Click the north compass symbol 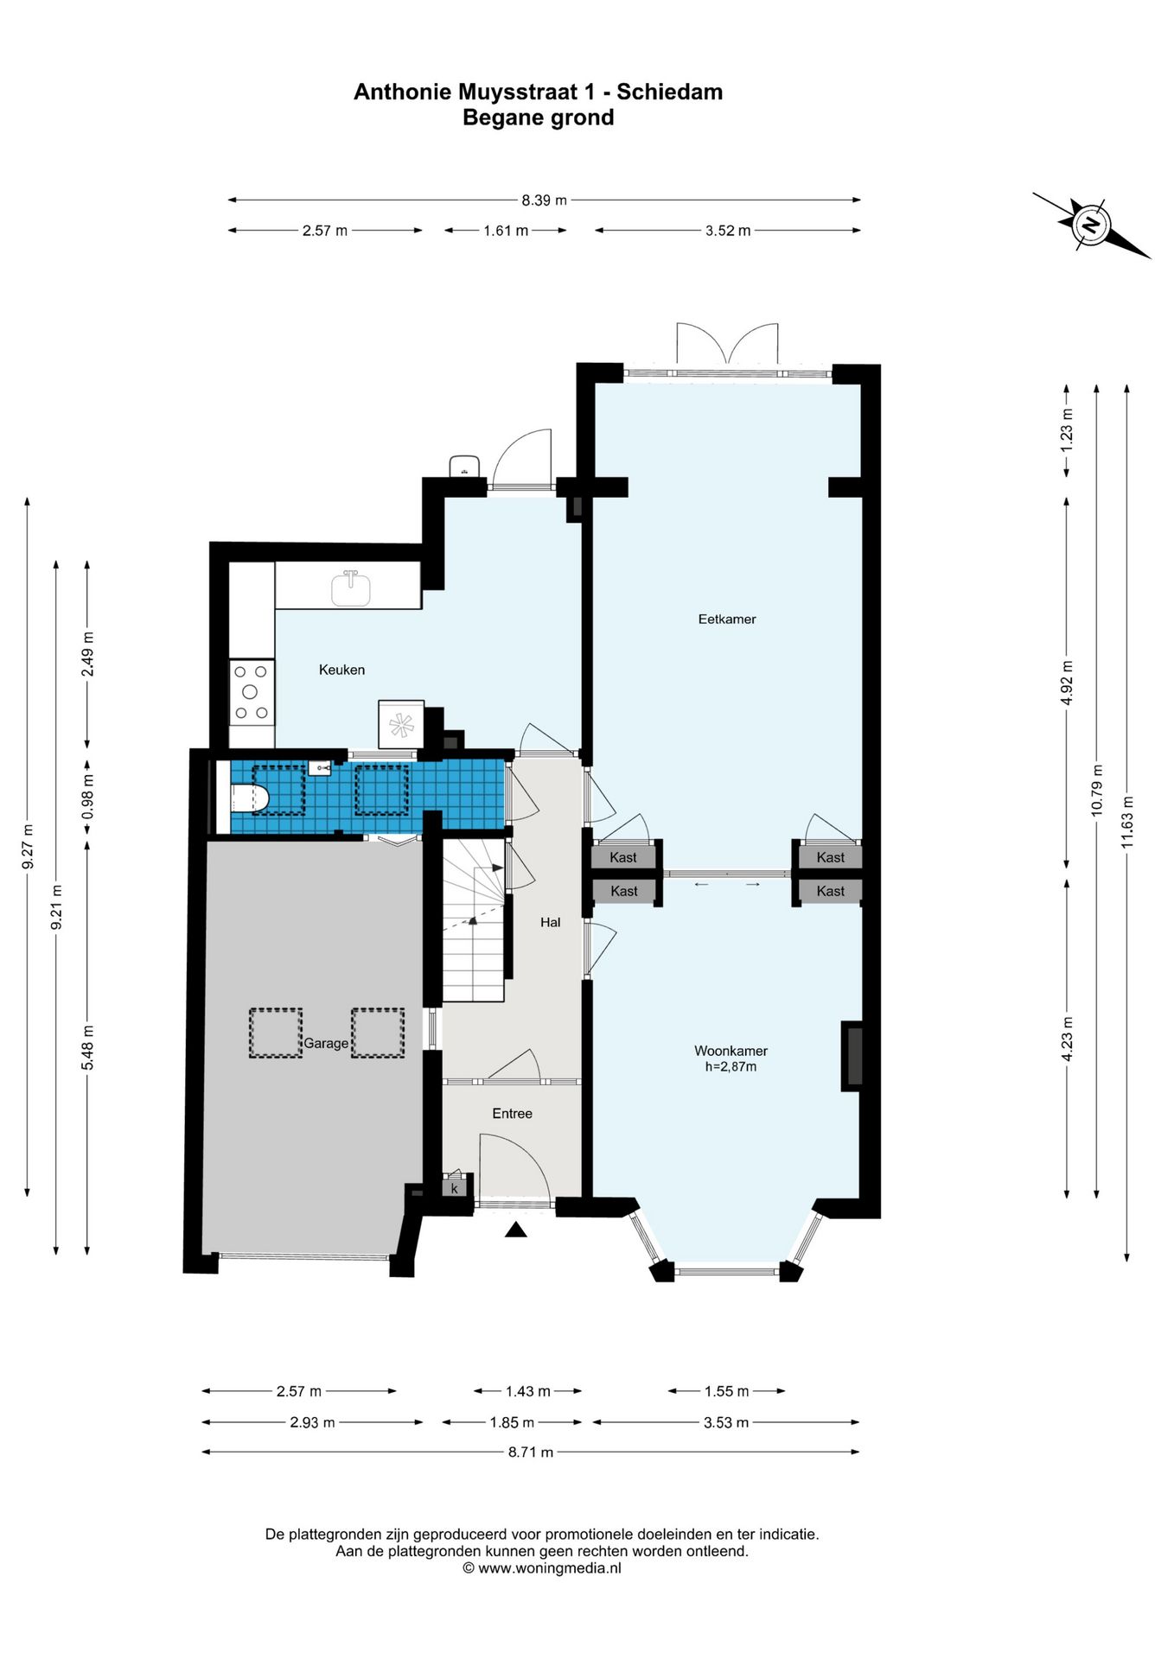pos(1091,226)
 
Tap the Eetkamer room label pos(727,619)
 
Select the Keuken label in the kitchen pos(341,670)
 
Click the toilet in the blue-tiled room pos(252,798)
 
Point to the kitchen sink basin pos(351,589)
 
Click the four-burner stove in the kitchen pos(252,691)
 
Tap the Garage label pos(326,1044)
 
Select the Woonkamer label pos(731,1051)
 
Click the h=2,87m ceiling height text pos(731,1067)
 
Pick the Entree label pos(512,1114)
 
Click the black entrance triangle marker pos(516,1230)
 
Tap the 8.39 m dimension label pos(544,200)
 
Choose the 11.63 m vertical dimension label pos(1126,822)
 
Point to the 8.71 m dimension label pos(530,1452)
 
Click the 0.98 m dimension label pos(87,798)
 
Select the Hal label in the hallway pos(550,923)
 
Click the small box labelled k pos(455,1188)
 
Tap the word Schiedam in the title pos(669,92)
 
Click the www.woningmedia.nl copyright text pos(542,1568)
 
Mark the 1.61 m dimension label pos(506,231)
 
